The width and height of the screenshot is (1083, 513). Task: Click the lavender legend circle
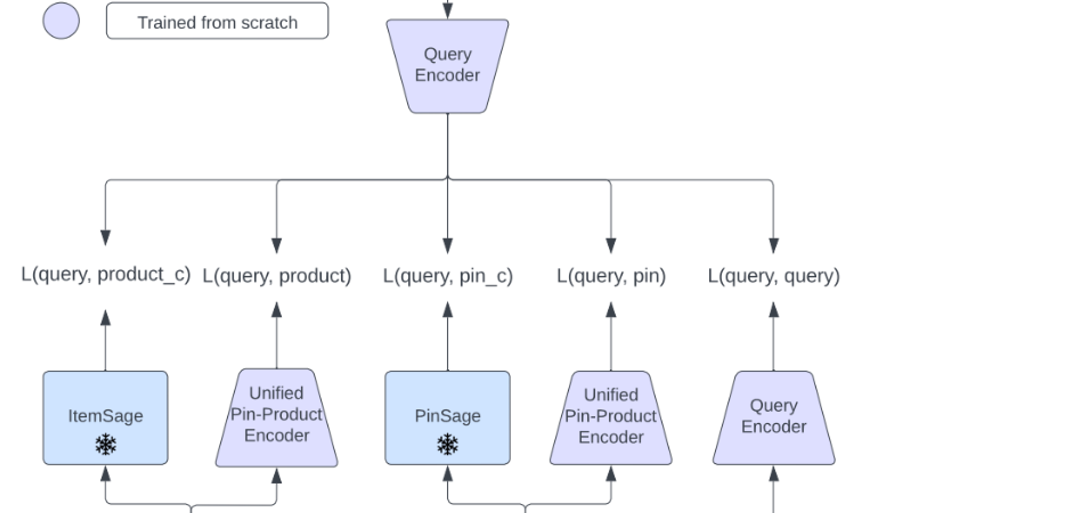coord(61,21)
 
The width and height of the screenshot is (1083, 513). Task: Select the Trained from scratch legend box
coord(217,21)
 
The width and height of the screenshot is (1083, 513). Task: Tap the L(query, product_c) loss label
coord(106,275)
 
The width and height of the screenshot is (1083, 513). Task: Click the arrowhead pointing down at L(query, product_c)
coord(105,237)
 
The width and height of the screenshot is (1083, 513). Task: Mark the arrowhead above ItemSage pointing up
coord(105,318)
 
